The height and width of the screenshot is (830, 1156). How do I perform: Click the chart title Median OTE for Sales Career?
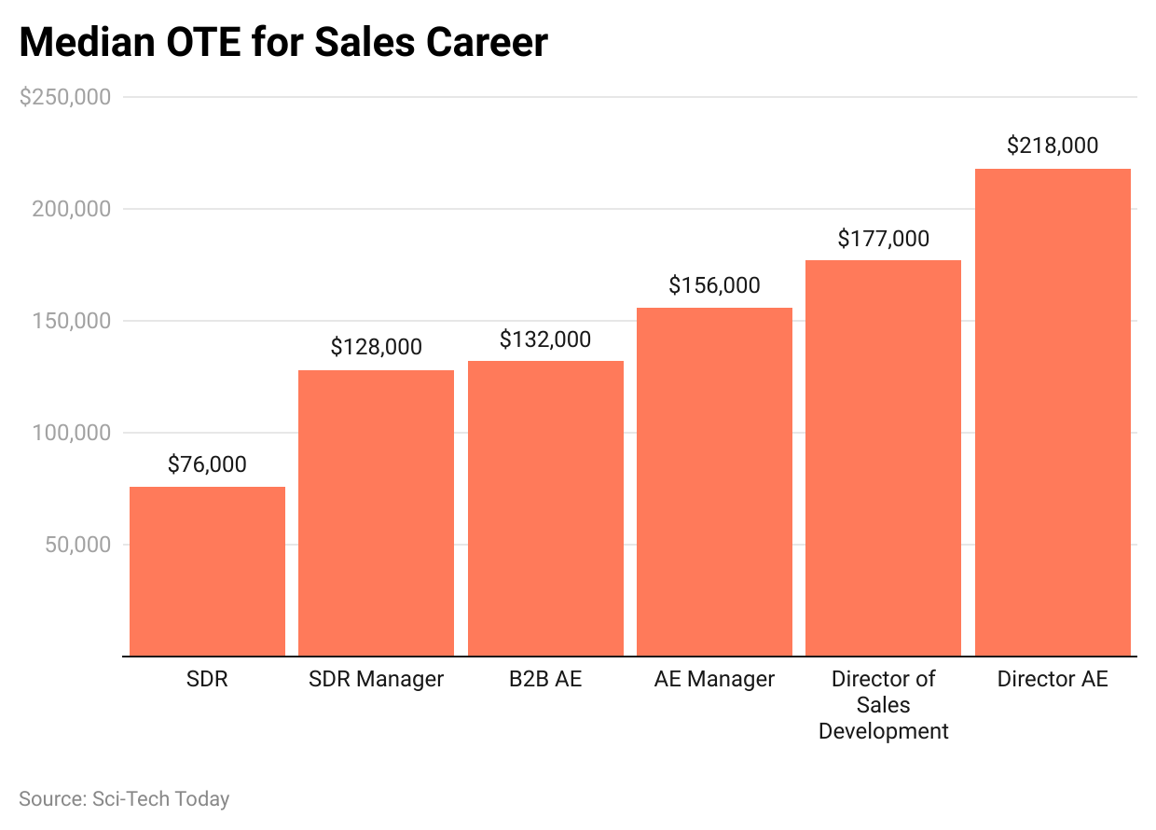tap(283, 43)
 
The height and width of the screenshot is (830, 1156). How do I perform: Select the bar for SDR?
tap(207, 571)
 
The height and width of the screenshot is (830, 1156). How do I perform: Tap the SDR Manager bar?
tap(376, 513)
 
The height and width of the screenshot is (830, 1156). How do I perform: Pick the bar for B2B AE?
tap(545, 508)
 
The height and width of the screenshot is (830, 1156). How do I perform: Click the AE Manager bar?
tap(714, 481)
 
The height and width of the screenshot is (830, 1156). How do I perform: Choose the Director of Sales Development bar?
tap(883, 457)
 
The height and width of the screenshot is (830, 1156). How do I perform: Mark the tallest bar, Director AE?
tap(1053, 412)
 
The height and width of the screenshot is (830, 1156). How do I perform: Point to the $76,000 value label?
tap(207, 464)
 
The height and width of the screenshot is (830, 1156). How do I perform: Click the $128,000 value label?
tap(376, 347)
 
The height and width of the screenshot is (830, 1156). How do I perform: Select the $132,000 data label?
tap(545, 339)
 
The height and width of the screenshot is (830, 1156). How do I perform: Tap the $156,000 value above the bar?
tap(714, 285)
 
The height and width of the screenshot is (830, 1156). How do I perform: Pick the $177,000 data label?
tap(883, 239)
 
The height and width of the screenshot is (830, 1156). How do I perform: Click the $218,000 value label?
tap(1053, 145)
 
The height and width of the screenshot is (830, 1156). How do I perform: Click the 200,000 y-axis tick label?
tap(72, 209)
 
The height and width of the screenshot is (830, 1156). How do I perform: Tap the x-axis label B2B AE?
tap(545, 679)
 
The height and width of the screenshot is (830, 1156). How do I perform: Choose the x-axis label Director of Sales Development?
tap(883, 705)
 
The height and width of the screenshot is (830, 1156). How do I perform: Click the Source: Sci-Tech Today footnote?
tap(124, 799)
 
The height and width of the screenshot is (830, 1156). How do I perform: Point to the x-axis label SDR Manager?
tap(376, 679)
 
